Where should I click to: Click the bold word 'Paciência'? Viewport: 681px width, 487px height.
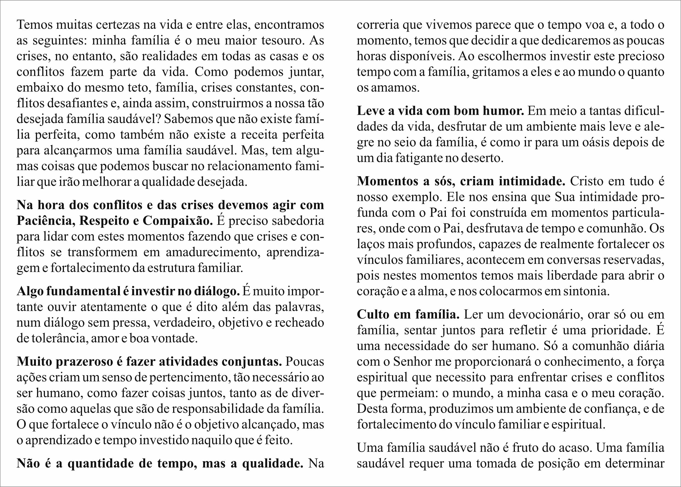tap(45, 221)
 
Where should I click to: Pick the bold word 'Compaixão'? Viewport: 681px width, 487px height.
tap(178, 221)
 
